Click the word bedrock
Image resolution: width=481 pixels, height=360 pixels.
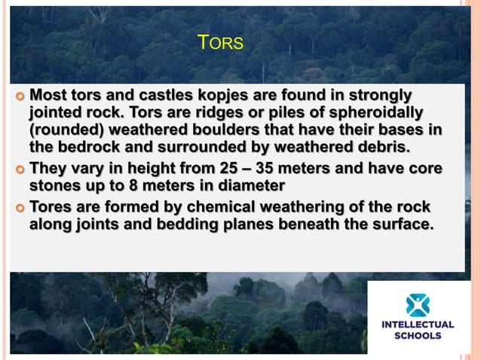pyautogui.click(x=90, y=146)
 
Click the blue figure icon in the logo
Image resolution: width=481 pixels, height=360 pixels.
pyautogui.click(x=417, y=304)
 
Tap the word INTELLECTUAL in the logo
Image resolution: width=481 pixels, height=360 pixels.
pyautogui.click(x=418, y=325)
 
